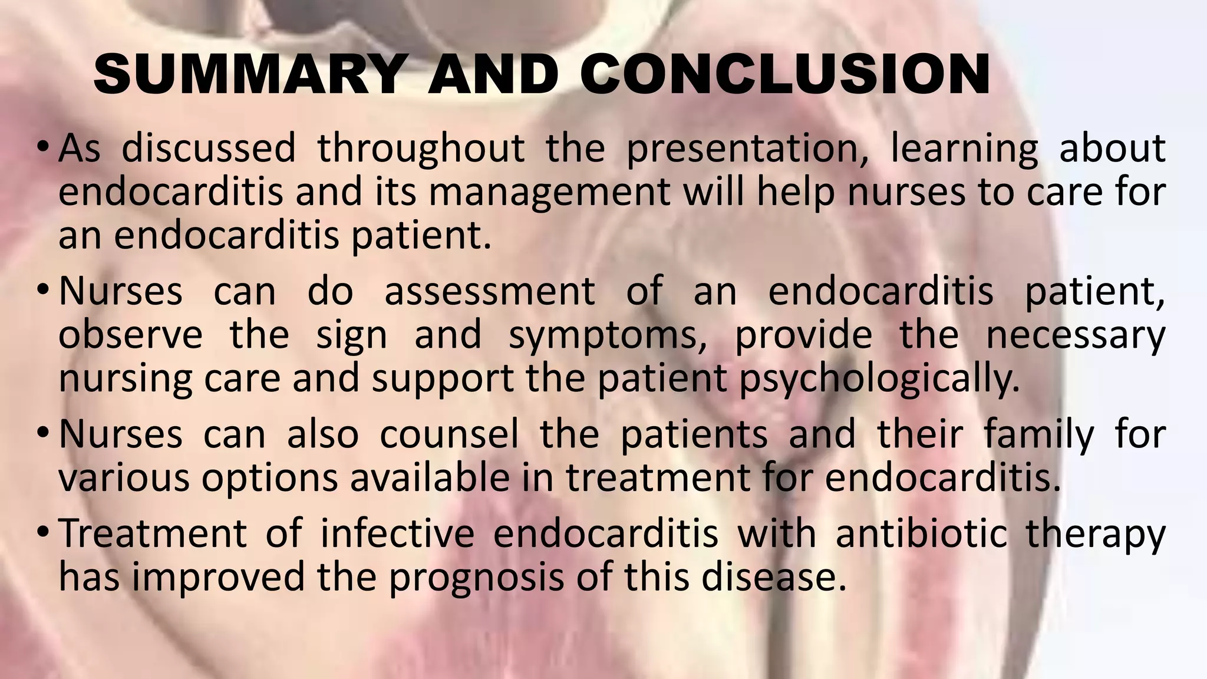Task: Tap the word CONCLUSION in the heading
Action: tap(785, 74)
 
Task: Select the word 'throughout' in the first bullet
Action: tap(421, 149)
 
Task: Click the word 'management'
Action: tap(549, 192)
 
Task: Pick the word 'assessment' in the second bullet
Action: tap(490, 291)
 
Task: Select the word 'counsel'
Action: tap(449, 435)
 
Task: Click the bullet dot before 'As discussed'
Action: tap(42, 147)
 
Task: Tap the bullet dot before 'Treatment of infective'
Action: tap(42, 532)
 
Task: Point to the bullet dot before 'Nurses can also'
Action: tap(42, 434)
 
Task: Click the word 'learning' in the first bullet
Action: tap(964, 149)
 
